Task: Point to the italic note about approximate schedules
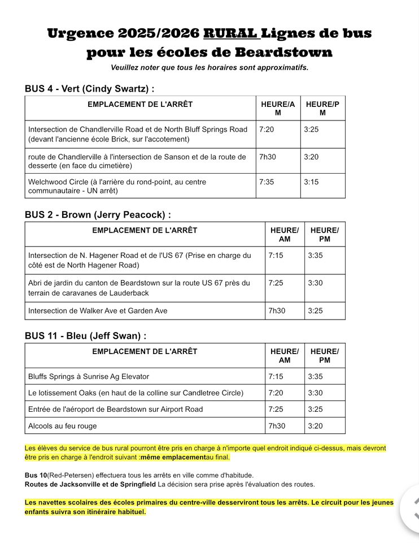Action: coord(209,68)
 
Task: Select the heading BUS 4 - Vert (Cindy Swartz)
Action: coord(90,89)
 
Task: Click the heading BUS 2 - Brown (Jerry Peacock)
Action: coord(98,214)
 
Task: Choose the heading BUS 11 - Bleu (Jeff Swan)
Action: coord(85,335)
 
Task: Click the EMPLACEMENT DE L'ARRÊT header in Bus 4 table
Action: coord(140,104)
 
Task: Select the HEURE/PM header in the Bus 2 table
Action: coord(324,234)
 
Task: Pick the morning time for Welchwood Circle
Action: coord(266,182)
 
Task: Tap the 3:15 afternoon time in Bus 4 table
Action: coord(311,182)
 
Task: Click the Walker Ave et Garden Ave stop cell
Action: coord(98,311)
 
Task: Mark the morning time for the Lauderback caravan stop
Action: coord(276,283)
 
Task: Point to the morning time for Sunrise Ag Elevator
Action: coord(276,376)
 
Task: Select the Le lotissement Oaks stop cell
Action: coord(136,393)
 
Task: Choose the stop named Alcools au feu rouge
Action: coord(63,425)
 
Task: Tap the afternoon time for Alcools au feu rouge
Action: coord(315,425)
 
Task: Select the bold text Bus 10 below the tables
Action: coord(36,475)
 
